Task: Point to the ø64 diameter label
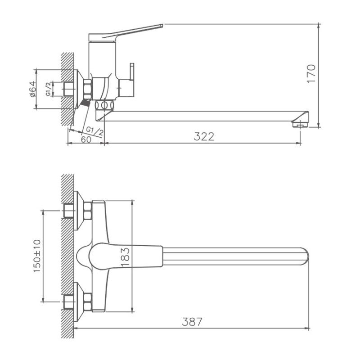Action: pyautogui.click(x=32, y=89)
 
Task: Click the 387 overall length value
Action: pyautogui.click(x=192, y=322)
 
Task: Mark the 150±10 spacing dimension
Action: pyautogui.click(x=37, y=255)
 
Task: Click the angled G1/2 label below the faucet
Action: pyautogui.click(x=94, y=131)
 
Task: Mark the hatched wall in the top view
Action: pyautogui.click(x=67, y=256)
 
